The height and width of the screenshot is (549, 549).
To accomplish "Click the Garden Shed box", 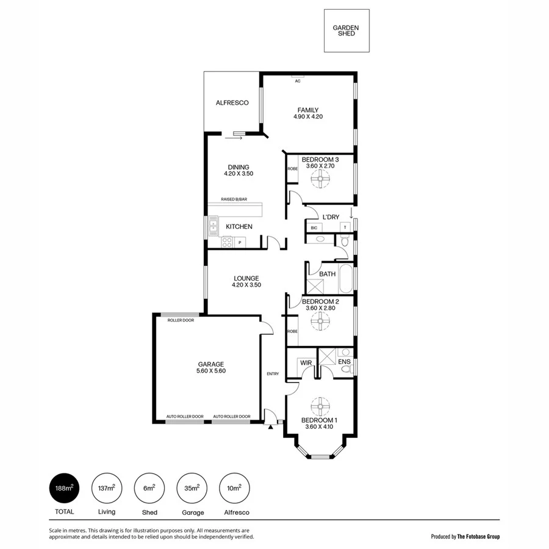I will (346, 30).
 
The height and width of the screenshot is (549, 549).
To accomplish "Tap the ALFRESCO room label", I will (232, 103).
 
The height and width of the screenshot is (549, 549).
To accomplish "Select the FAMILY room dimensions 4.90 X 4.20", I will (308, 117).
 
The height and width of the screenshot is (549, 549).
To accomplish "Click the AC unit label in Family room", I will (298, 81).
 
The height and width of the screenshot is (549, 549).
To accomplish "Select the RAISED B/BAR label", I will (235, 199).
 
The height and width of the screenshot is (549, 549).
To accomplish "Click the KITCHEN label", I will (239, 227).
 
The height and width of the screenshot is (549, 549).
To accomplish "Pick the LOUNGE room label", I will (245, 278).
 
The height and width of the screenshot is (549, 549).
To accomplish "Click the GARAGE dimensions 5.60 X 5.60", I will (211, 371).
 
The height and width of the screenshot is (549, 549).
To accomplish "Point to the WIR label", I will (306, 362).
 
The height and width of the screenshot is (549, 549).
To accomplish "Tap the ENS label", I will (345, 362).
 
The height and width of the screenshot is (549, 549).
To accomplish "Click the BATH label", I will (328, 274).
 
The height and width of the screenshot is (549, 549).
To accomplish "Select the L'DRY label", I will (331, 217).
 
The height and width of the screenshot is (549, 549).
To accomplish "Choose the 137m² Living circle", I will (107, 488).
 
